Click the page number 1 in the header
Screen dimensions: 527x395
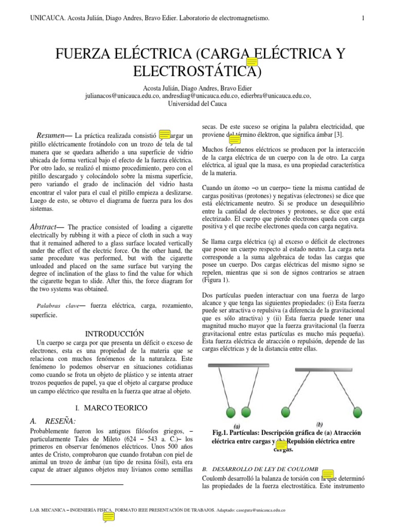363,19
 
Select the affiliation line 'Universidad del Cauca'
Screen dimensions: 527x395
197,103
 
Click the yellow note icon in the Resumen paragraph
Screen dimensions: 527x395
164,135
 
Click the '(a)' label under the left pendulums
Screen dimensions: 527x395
237,426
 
